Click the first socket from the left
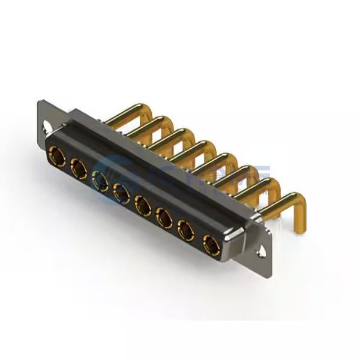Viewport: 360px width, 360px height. point(59,157)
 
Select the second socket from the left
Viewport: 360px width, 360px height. point(79,170)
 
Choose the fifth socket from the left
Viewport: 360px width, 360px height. point(143,206)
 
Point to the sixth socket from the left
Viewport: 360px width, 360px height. point(164,218)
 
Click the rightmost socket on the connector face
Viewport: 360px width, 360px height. point(210,244)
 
